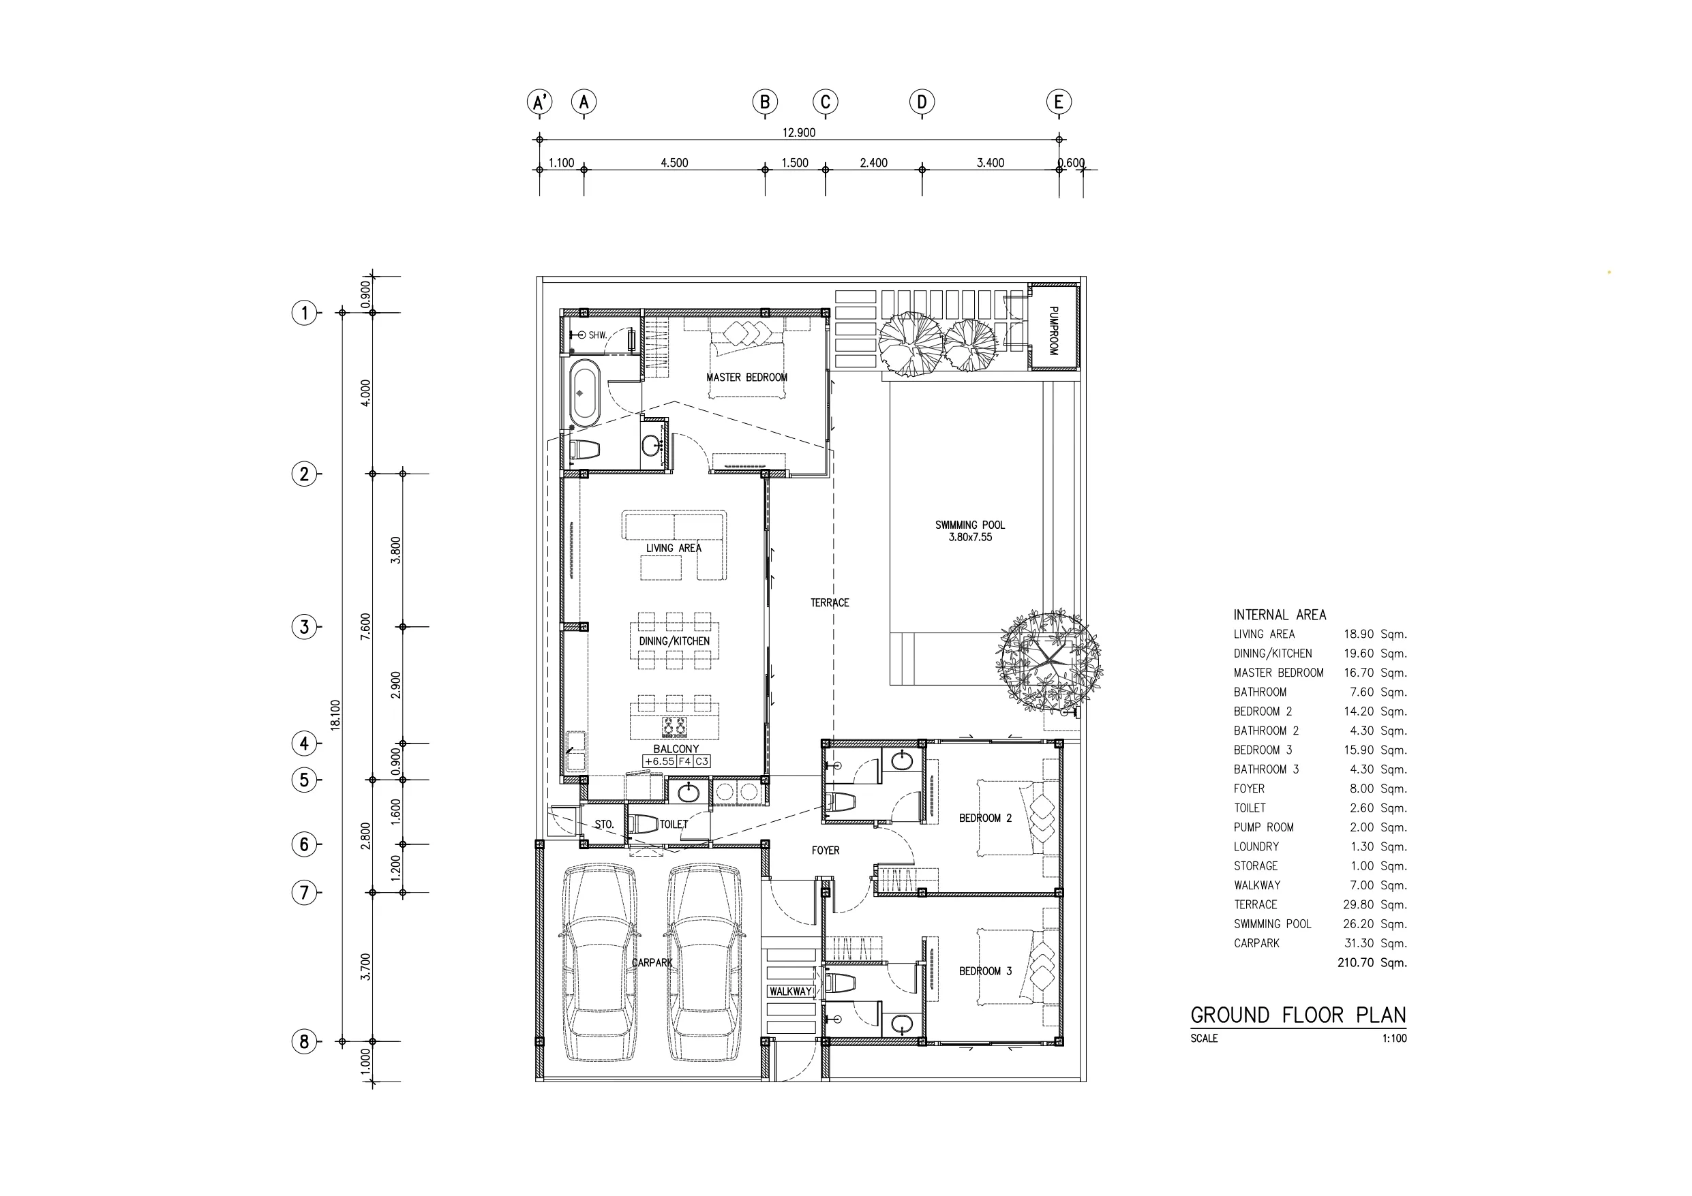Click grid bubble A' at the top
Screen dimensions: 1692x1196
(x=539, y=102)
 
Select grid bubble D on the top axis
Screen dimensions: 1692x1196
(x=921, y=102)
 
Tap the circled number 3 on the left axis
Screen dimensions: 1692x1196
(x=304, y=627)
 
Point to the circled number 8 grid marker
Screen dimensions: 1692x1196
(x=304, y=1041)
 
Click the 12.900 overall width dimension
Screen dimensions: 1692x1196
(x=799, y=133)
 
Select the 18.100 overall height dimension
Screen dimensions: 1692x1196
(x=335, y=715)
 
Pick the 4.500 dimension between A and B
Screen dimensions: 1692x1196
(x=674, y=163)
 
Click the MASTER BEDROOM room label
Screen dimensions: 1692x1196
(x=746, y=378)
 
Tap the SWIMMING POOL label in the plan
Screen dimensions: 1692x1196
(x=970, y=525)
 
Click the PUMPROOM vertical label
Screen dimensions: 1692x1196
(x=1053, y=331)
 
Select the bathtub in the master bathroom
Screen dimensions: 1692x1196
(x=584, y=393)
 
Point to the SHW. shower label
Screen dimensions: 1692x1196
(x=597, y=335)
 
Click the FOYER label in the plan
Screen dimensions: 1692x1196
(x=826, y=850)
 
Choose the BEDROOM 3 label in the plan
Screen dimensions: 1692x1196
(x=985, y=971)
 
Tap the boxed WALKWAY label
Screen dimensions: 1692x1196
(x=791, y=991)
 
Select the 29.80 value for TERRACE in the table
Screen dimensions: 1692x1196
(x=1358, y=904)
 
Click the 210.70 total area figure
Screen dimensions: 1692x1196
(x=1356, y=962)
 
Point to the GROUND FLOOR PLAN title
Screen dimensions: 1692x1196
(x=1299, y=1015)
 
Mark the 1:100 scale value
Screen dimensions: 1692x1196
(x=1394, y=1039)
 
